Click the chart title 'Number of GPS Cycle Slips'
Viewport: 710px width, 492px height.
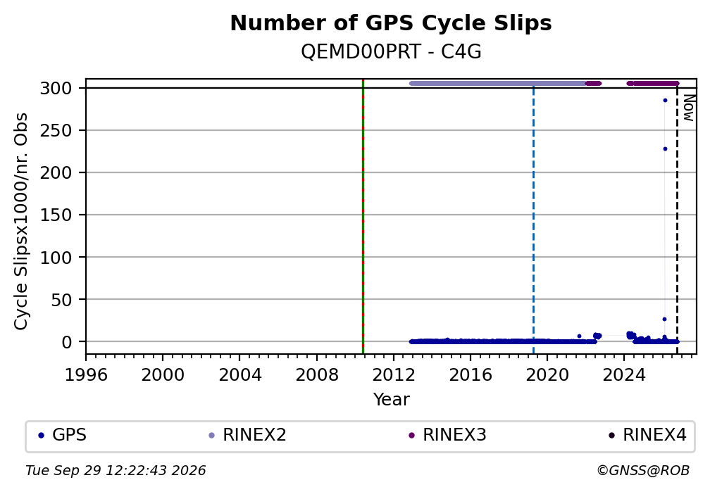pos(391,23)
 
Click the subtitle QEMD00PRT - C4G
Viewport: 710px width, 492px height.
pos(391,53)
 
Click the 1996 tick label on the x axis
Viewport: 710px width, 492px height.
pos(86,374)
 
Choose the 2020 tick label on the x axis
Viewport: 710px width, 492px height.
pos(547,374)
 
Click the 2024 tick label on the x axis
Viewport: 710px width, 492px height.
pos(624,374)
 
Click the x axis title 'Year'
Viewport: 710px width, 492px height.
pos(391,400)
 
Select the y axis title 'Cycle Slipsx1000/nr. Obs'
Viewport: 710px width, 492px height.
pos(21,221)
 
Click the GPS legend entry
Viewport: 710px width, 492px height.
pos(63,435)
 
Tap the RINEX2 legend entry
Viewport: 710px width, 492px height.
pos(247,435)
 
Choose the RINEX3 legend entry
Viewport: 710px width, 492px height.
pos(447,435)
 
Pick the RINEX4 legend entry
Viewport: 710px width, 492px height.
pos(647,435)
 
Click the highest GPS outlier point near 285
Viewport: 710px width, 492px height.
pos(665,101)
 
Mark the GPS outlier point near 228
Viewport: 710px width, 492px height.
pos(665,149)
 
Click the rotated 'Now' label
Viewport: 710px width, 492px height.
pos(687,108)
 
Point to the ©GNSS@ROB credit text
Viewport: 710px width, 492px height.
pos(643,471)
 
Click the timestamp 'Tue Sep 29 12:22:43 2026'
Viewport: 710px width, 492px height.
pos(116,471)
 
